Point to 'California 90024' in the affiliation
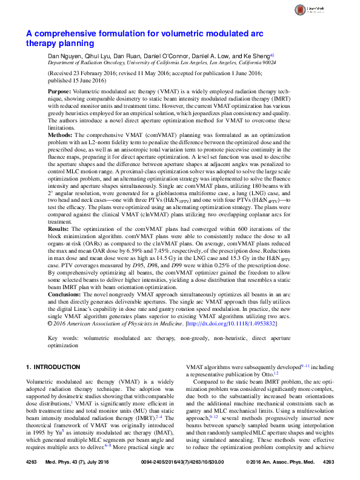(x=256, y=62)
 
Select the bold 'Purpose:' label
(x=59, y=88)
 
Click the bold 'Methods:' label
(x=60, y=131)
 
